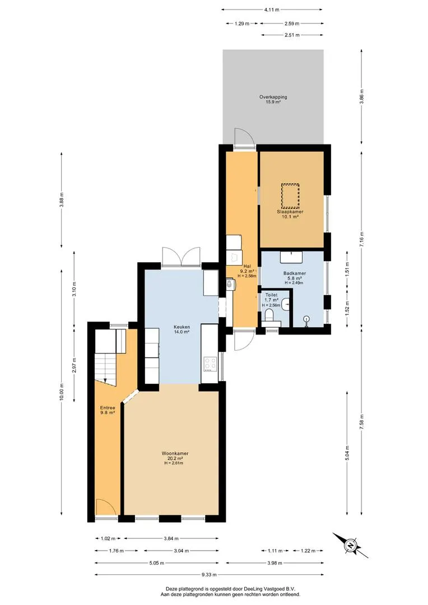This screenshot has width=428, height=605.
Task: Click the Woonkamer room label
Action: tap(175, 453)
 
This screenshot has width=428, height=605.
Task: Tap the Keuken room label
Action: tap(182, 327)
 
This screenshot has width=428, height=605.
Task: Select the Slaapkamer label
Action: tap(290, 212)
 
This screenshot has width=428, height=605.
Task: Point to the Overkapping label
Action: tap(273, 97)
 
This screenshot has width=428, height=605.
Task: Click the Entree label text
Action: tap(108, 408)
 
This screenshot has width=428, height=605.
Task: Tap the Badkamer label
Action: tap(295, 273)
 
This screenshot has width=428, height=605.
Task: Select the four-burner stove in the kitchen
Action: tap(210, 364)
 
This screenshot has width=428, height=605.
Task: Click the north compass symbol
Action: tap(351, 545)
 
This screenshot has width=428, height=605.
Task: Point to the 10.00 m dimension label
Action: tap(62, 392)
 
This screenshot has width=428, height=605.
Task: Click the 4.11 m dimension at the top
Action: tap(272, 10)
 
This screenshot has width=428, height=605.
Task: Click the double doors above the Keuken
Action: tap(181, 256)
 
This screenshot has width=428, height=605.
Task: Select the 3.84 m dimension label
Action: tap(170, 539)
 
